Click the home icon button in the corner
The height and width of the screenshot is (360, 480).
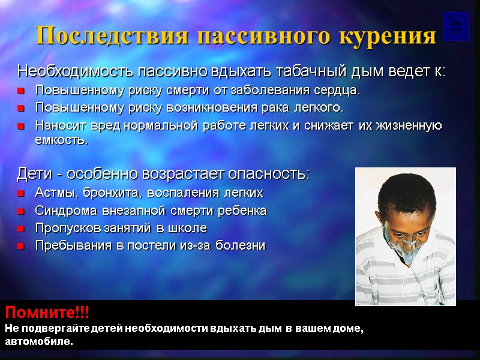pos(456,26)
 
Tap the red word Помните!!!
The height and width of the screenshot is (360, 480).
pos(47,313)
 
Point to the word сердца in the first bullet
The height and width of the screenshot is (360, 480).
pos(341,91)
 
